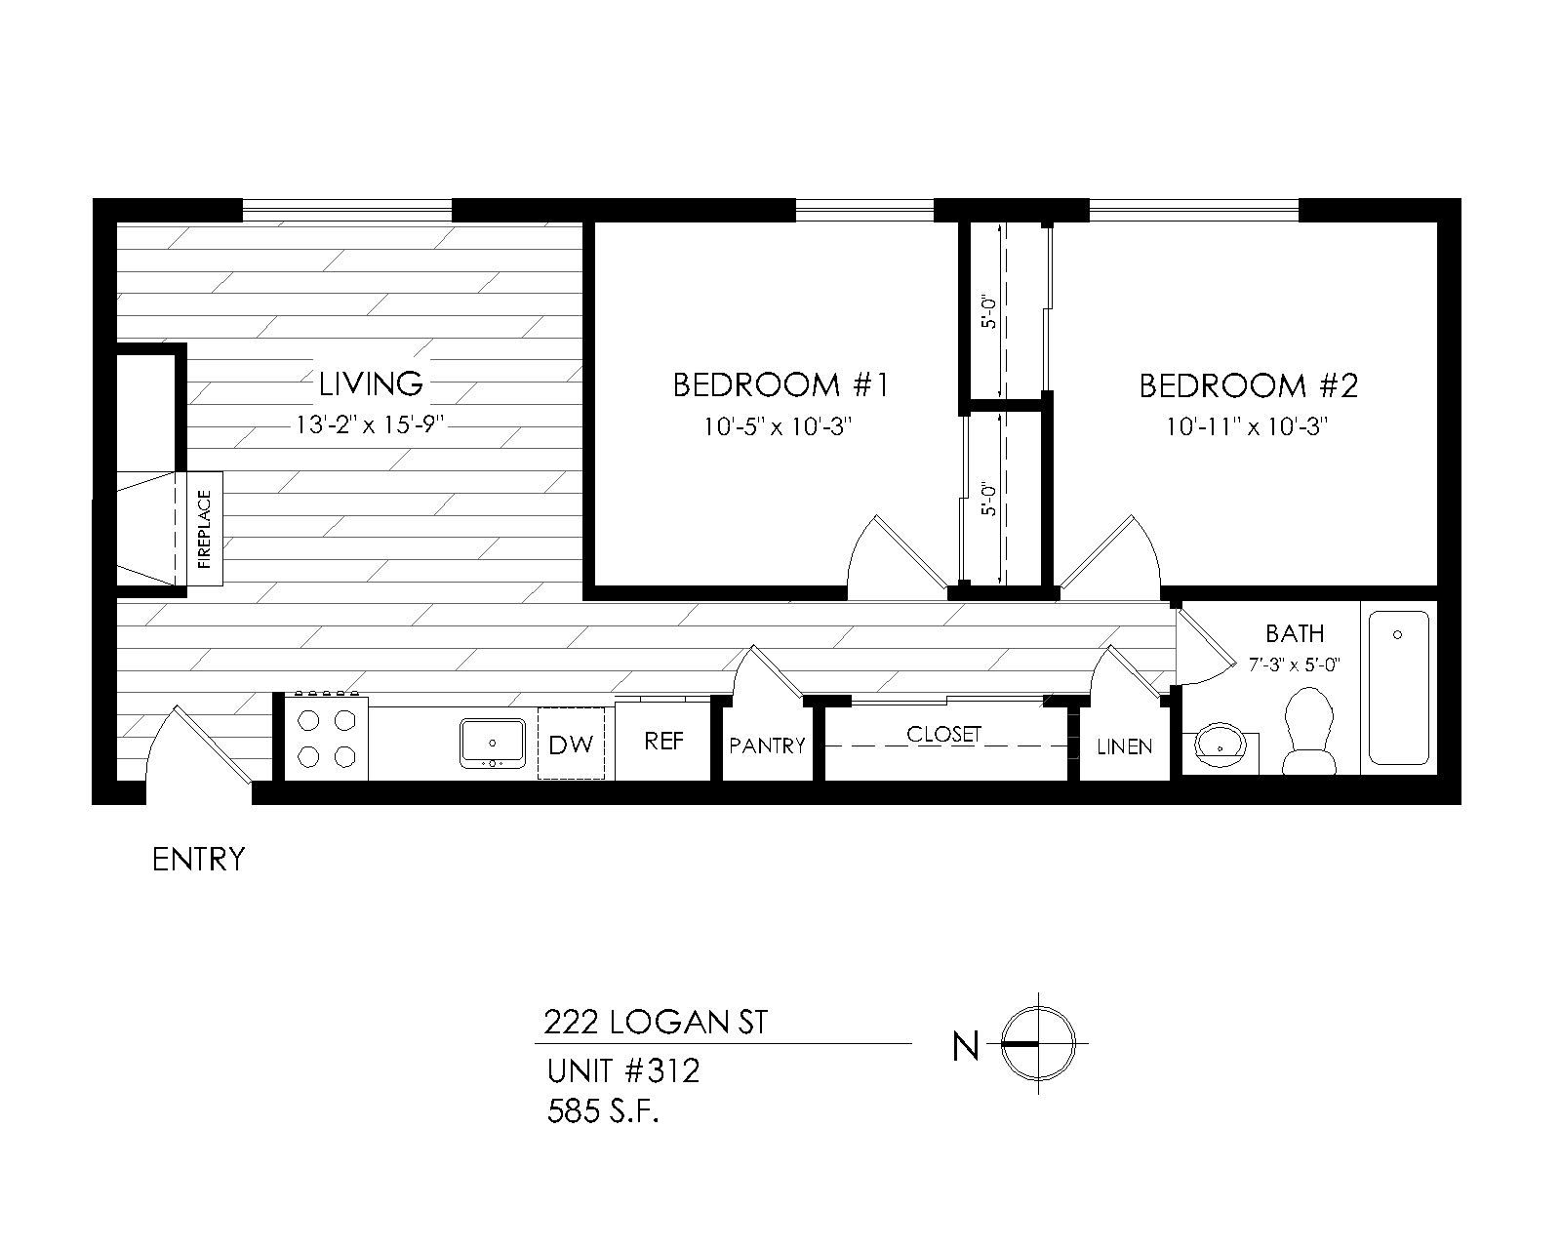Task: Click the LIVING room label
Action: [371, 383]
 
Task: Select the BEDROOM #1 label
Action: [780, 385]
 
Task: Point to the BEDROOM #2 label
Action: [1248, 386]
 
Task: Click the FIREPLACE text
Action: [205, 530]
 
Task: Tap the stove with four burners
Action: [326, 739]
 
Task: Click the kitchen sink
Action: [493, 744]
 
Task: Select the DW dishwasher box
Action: [571, 745]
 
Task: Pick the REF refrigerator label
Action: [664, 741]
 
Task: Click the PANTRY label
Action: [768, 745]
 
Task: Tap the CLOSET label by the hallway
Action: [943, 734]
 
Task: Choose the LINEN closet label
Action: [1125, 746]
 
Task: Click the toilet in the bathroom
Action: [1306, 730]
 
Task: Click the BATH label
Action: [1295, 633]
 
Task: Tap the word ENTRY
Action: [199, 860]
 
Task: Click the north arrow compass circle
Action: [1040, 1043]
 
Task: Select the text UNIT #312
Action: [622, 1071]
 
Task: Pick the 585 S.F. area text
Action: [603, 1112]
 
